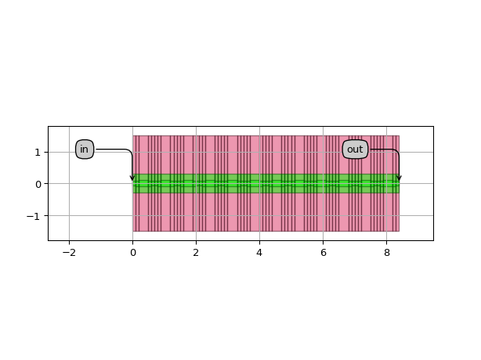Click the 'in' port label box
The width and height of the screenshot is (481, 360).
85,149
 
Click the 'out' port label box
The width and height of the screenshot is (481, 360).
355,149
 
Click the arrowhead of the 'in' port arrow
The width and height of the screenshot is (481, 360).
132,178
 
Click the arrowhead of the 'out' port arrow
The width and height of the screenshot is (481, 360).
399,178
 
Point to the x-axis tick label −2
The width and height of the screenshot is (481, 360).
69,253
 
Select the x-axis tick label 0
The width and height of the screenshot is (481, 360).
133,253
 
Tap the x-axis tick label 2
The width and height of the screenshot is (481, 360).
196,253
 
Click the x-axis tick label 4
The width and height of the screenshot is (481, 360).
259,253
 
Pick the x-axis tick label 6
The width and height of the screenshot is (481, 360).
323,253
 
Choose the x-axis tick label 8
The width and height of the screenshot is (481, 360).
386,253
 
